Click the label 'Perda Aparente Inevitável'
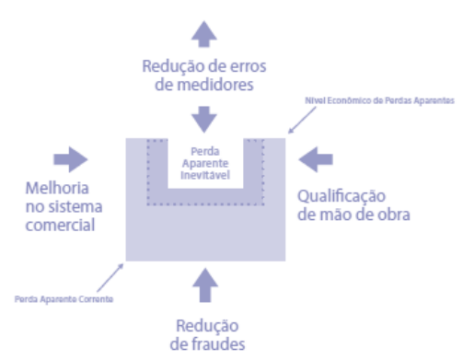[206, 162]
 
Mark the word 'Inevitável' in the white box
[206, 172]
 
